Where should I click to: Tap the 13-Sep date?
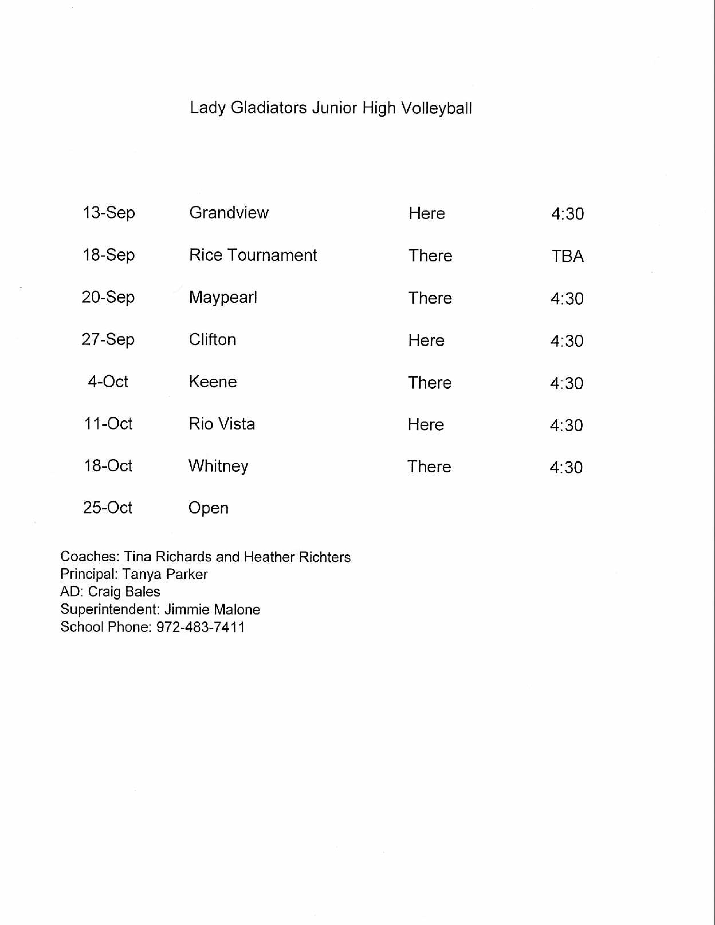pyautogui.click(x=109, y=213)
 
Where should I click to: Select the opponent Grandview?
pyautogui.click(x=229, y=213)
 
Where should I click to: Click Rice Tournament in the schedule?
pyautogui.click(x=253, y=255)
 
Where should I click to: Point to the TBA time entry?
pyautogui.click(x=567, y=256)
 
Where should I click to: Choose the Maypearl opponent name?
pyautogui.click(x=223, y=298)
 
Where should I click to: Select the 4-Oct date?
pyautogui.click(x=108, y=381)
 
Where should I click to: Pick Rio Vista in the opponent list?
pyautogui.click(x=222, y=424)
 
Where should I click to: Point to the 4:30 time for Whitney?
pyautogui.click(x=566, y=468)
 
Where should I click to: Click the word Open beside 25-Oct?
pyautogui.click(x=208, y=508)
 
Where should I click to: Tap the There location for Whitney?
pyautogui.click(x=429, y=467)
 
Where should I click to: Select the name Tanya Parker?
pyautogui.click(x=165, y=574)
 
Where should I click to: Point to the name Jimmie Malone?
pyautogui.click(x=212, y=609)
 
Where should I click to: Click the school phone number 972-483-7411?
pyautogui.click(x=200, y=627)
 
